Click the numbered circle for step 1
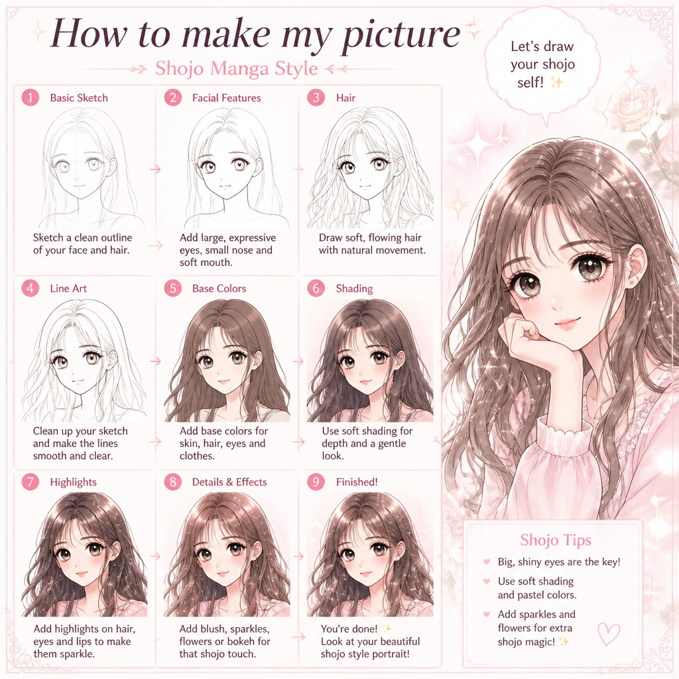31,97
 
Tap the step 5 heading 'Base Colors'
219,288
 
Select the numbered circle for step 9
316,481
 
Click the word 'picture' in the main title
401,34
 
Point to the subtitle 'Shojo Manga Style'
237,68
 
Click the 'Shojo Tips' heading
556,540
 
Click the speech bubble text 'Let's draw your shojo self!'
542,64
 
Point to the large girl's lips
568,323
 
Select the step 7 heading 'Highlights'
73,482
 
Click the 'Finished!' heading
357,482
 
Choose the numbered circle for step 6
316,288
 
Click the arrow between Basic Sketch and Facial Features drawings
155,169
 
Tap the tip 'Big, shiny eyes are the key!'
559,562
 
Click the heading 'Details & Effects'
229,482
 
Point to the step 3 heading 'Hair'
345,98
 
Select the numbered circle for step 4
31,288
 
